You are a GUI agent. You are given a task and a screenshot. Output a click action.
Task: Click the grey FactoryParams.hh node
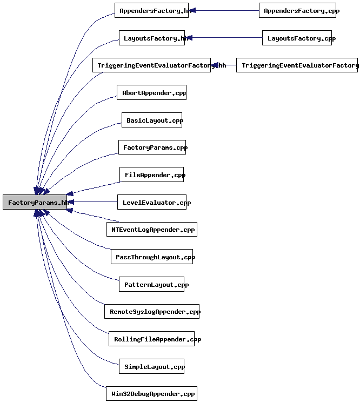pos(35,202)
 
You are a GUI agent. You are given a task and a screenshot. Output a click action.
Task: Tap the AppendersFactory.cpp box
pos(297,10)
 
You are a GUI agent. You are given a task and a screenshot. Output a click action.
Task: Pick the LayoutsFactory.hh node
pos(152,38)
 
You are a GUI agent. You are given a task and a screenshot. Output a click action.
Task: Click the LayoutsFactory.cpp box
pos(297,38)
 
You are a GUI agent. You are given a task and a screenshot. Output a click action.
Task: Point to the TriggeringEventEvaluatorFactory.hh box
pos(152,65)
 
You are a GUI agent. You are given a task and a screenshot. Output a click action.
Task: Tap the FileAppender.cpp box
pos(152,175)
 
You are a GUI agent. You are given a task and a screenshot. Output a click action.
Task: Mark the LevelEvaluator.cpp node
pos(152,203)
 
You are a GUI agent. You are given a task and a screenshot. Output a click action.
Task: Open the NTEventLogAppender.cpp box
pos(152,230)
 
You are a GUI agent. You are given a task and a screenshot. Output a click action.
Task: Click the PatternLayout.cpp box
pos(152,285)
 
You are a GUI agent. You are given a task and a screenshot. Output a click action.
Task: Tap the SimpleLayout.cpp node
pos(152,367)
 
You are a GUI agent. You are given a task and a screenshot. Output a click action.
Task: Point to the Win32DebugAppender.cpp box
pos(152,394)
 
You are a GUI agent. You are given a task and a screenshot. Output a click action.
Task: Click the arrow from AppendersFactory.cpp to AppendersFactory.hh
pos(224,10)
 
